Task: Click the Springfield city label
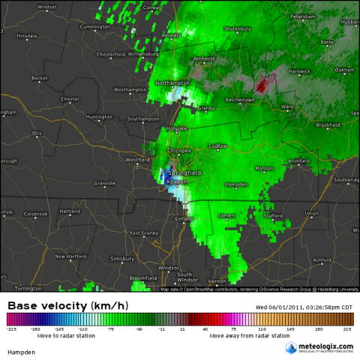coord(184,173)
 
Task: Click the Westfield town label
coord(136,159)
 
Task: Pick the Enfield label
coord(184,218)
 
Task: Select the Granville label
coord(103,183)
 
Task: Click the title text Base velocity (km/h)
coord(66,306)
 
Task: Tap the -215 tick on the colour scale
coord(11,328)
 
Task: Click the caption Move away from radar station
coord(250,335)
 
